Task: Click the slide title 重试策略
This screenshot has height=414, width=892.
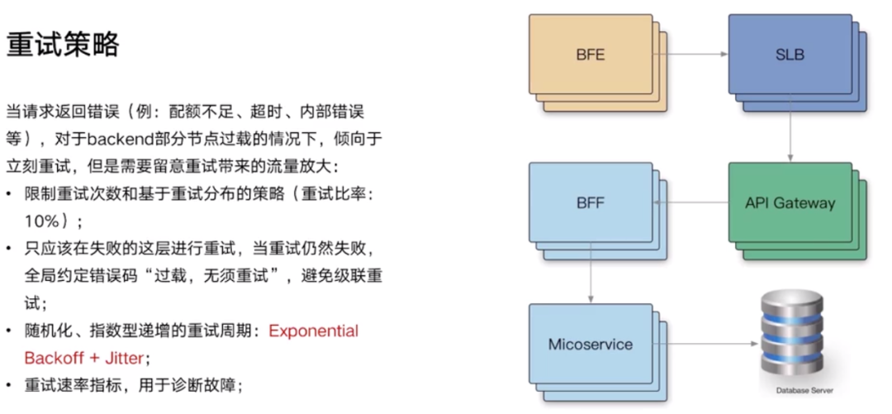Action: coord(63,45)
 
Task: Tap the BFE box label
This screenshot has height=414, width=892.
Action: coord(590,55)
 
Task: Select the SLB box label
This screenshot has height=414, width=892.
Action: coord(790,55)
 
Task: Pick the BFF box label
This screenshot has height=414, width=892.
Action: coord(590,202)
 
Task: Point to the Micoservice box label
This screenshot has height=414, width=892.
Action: coord(590,344)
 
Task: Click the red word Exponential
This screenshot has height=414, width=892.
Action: coord(313,331)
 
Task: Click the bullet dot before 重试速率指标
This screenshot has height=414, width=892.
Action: coord(8,385)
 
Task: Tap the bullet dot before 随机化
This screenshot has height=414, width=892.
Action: coord(8,331)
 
